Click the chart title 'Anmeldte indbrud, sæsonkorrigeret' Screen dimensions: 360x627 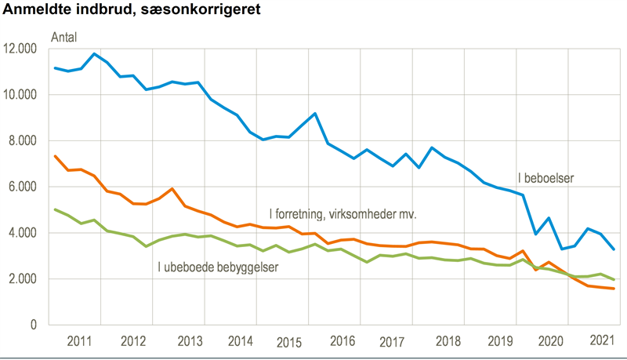click(x=133, y=10)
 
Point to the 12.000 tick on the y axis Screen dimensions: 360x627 click(x=20, y=49)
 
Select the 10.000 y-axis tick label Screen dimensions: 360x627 click(x=20, y=95)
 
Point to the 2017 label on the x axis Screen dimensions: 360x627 click(x=392, y=342)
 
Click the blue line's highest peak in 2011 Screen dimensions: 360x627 click(x=95, y=53)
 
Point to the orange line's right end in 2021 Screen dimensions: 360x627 click(x=613, y=289)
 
